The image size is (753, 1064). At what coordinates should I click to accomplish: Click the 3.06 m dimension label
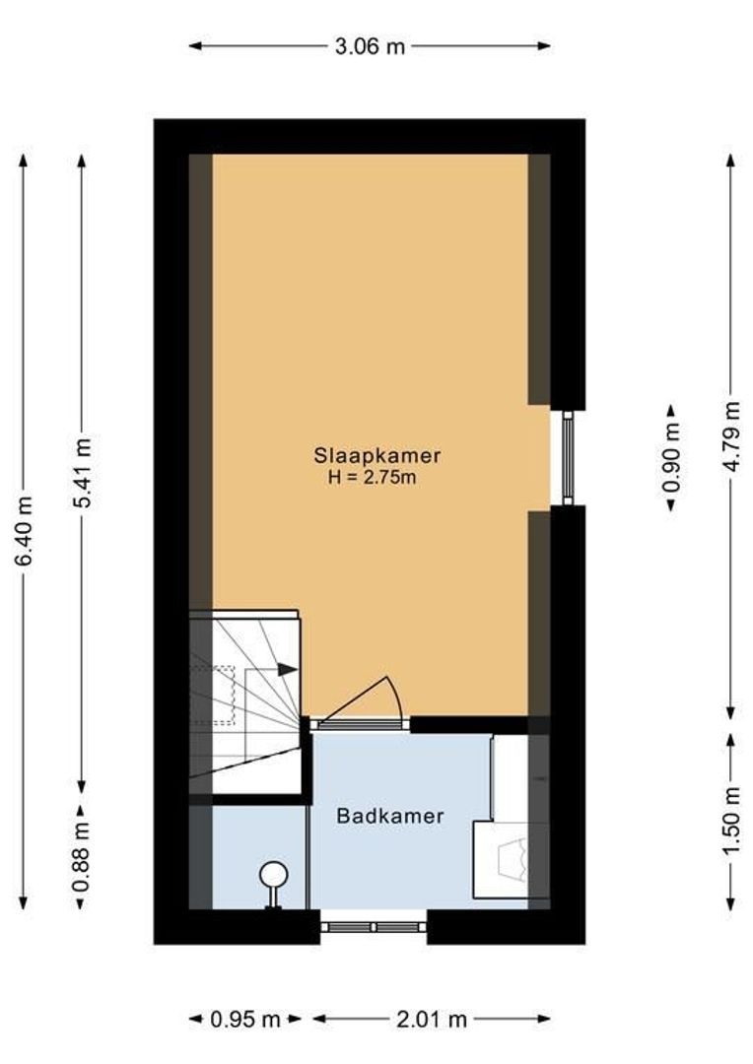(369, 46)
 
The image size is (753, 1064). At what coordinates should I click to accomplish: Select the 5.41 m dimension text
(82, 473)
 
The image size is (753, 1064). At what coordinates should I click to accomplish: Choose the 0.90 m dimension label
(671, 458)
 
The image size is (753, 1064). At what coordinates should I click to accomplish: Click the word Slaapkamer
(376, 456)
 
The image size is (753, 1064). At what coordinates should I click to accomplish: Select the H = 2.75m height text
(376, 478)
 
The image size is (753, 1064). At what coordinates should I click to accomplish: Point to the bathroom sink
(508, 858)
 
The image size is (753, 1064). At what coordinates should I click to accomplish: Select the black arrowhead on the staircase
(287, 670)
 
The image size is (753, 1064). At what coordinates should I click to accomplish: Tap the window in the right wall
(568, 458)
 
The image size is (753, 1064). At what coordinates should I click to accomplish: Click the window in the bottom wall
(374, 926)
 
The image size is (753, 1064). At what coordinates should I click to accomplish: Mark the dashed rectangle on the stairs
(212, 695)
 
